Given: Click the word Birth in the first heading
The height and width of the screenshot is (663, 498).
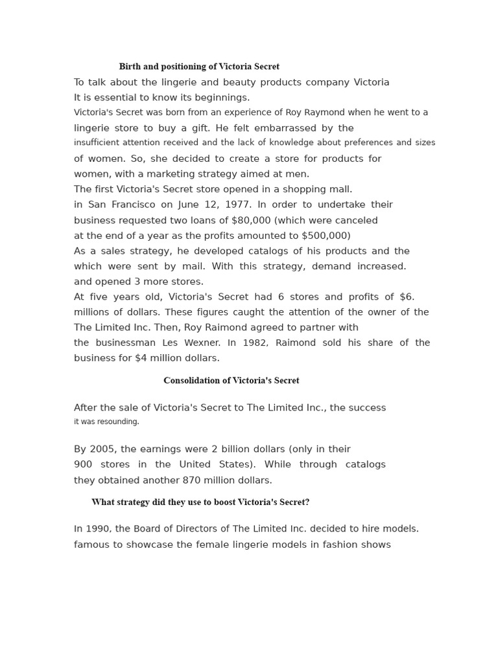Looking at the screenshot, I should pos(130,67).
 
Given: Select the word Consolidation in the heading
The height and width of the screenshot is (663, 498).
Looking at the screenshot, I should pos(189,381).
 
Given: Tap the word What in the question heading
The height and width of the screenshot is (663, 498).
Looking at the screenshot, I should pos(102,502).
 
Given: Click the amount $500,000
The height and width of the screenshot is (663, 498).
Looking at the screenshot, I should pos(326,236).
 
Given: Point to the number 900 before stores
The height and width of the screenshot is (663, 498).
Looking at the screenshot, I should pos(83,464).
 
